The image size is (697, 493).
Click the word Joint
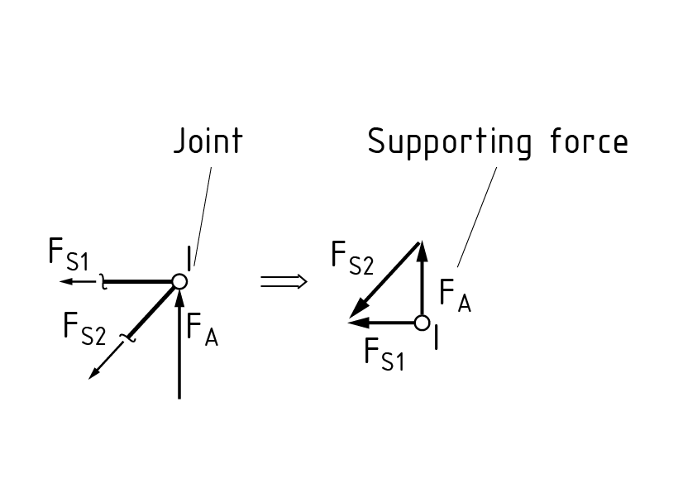coord(208,141)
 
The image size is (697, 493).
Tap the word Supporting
coord(447,143)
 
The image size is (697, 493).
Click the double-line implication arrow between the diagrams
coord(284,282)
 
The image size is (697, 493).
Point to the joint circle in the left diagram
coord(179,282)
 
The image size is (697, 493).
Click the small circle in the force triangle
coord(422,322)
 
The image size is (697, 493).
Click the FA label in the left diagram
coord(202,328)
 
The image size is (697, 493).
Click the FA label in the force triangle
coord(455,295)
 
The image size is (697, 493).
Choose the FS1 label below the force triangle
coord(384,353)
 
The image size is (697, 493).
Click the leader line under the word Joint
coord(203,215)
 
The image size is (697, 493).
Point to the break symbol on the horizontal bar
coord(104,282)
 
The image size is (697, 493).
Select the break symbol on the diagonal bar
coord(127,334)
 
